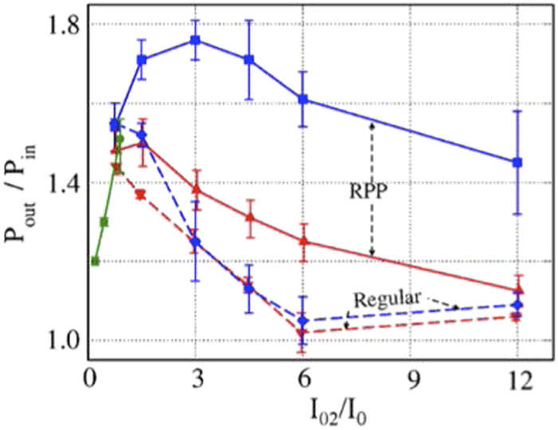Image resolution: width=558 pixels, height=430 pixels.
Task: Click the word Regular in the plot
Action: coord(386,298)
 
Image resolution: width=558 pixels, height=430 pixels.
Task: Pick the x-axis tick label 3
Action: coord(196,382)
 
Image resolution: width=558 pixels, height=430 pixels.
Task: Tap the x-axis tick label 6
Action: coord(302,382)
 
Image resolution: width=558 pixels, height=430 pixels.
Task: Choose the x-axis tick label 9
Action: coord(411,382)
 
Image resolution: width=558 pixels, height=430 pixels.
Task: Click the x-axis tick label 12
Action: coord(517,382)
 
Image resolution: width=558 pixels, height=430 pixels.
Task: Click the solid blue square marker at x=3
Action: coord(195,40)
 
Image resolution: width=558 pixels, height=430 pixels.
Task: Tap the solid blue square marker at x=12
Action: coord(517,162)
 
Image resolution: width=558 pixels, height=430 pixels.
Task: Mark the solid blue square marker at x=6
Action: coord(302,99)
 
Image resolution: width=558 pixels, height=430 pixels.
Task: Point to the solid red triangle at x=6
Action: coord(302,241)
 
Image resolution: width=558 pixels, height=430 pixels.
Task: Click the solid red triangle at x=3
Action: coord(195,190)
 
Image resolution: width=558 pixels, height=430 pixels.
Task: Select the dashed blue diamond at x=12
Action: coord(517,305)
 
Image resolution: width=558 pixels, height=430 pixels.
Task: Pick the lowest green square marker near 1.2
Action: coord(95,261)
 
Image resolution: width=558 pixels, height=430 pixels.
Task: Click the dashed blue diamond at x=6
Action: coord(302,321)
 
